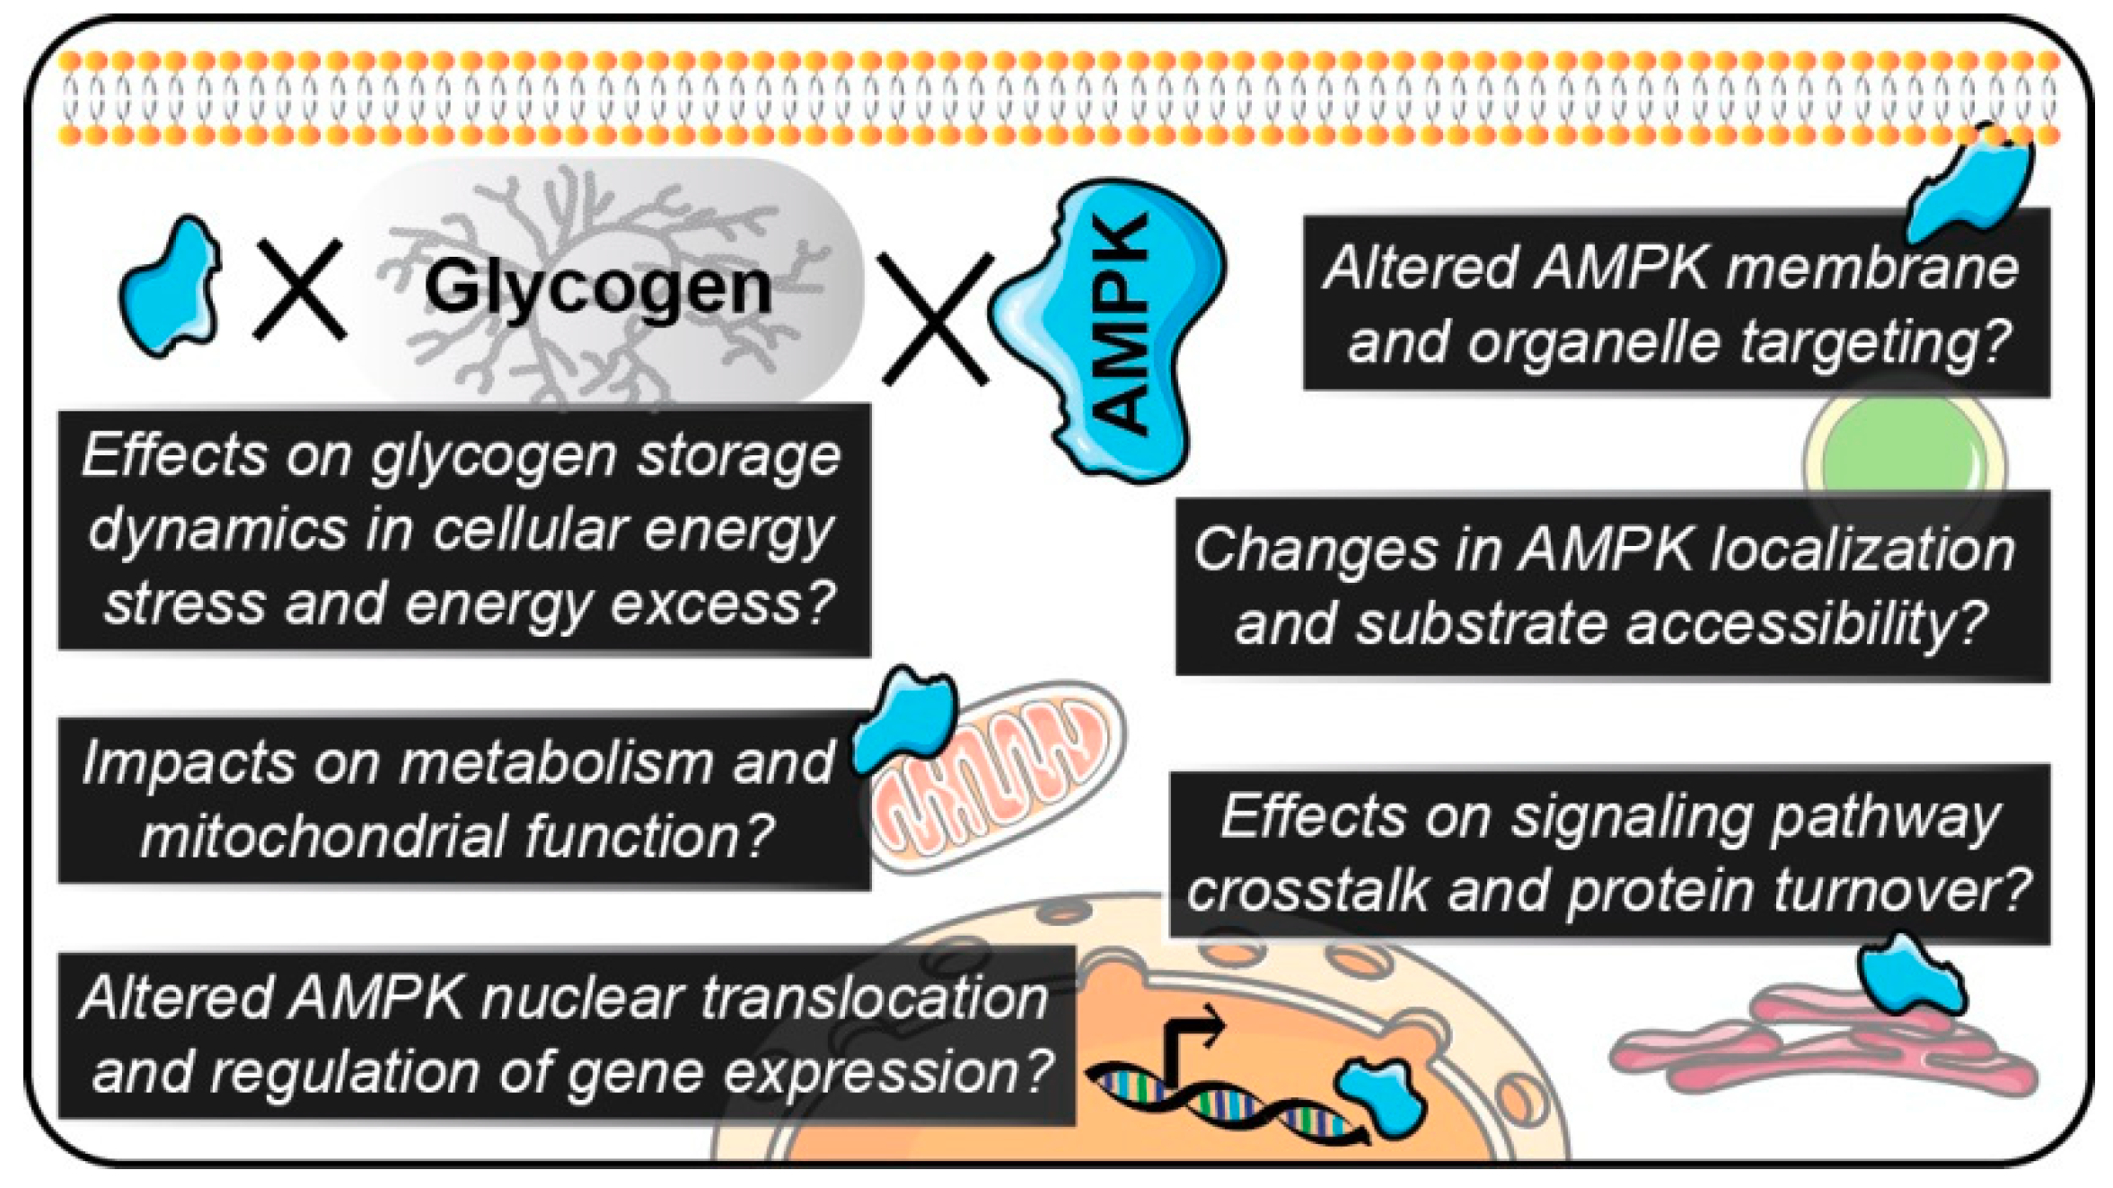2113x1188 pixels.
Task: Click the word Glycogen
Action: (598, 289)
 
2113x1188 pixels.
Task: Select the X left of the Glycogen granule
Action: (300, 289)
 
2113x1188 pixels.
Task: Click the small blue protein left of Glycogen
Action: (172, 287)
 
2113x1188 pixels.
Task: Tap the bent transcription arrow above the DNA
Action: (1190, 1037)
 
